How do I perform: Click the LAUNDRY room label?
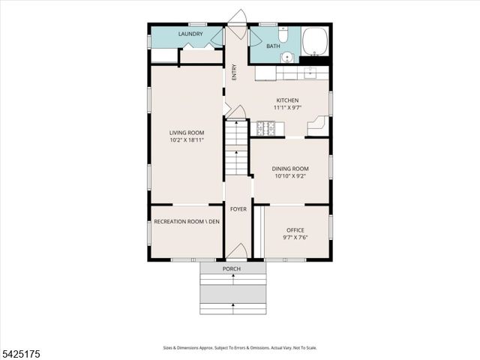(190, 34)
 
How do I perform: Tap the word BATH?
(272, 46)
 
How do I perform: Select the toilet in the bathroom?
(283, 34)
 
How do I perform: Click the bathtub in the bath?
(316, 40)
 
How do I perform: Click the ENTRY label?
(234, 73)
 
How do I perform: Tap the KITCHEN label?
(287, 100)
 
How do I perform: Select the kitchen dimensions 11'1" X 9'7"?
(287, 108)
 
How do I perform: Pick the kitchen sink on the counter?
(310, 73)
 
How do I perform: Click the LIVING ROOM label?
(186, 133)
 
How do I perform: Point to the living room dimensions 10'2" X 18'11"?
(186, 140)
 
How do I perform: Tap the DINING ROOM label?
(289, 169)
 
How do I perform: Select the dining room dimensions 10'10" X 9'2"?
(289, 176)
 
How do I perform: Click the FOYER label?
(238, 209)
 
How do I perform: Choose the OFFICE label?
(295, 230)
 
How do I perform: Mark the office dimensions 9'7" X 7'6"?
(295, 238)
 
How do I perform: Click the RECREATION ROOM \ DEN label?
(186, 222)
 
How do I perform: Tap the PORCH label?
(232, 268)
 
